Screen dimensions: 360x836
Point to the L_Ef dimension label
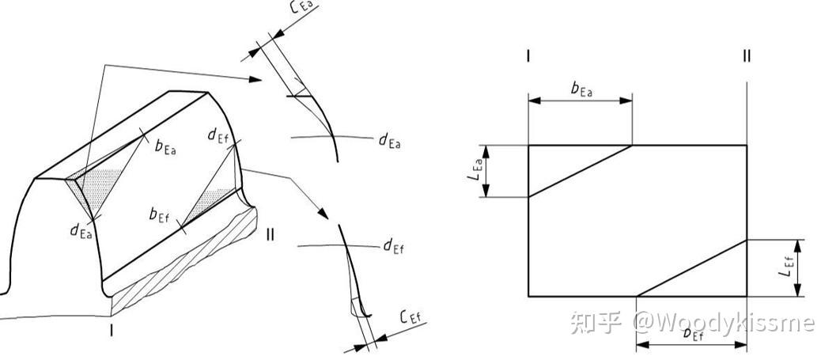tap(785, 268)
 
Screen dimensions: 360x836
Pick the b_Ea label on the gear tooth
tap(165, 146)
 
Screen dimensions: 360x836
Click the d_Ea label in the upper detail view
tap(389, 141)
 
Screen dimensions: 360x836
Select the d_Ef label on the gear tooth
tap(219, 135)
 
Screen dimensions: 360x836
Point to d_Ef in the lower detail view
tap(393, 247)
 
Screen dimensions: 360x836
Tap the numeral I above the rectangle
tap(528, 56)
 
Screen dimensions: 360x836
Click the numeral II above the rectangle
tap(747, 56)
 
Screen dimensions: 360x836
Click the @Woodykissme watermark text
tap(724, 323)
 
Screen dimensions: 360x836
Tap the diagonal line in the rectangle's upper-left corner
tap(580, 170)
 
